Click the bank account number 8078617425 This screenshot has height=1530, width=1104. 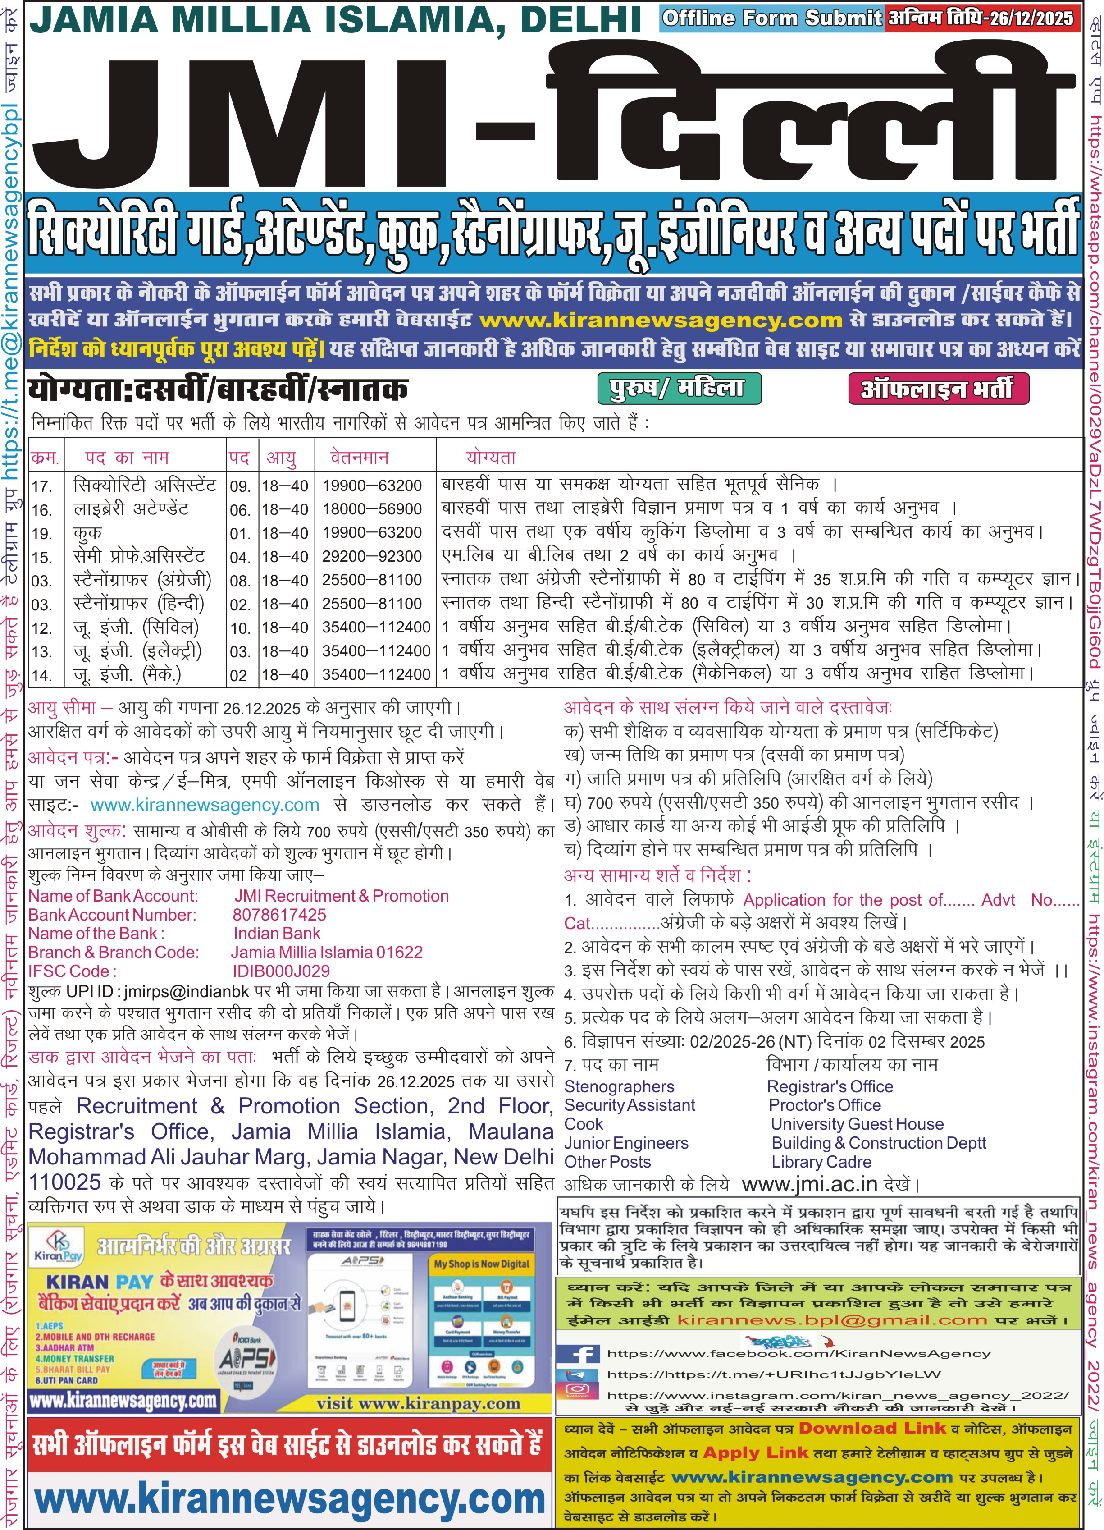click(x=279, y=915)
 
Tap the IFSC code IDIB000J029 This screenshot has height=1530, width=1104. click(x=281, y=971)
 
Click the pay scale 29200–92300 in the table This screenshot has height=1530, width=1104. click(x=372, y=557)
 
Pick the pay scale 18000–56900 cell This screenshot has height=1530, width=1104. click(x=372, y=509)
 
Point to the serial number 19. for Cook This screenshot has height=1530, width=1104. click(x=42, y=534)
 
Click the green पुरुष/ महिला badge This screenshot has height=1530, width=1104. click(x=679, y=389)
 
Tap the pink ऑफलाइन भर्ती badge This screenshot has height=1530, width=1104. click(x=938, y=389)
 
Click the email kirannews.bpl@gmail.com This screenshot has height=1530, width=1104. click(x=831, y=1320)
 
